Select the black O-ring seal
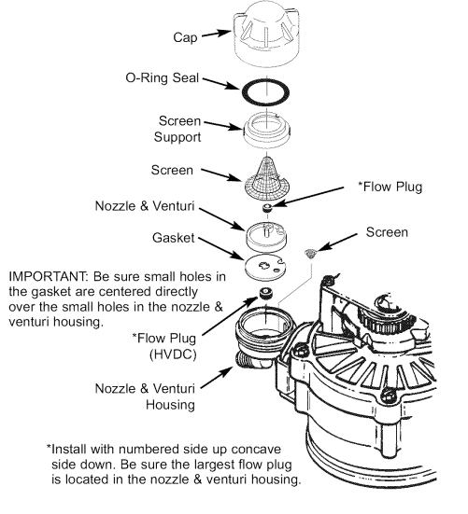point(265,92)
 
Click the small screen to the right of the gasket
point(312,252)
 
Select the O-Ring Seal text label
point(160,78)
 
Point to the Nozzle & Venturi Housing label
point(164,396)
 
